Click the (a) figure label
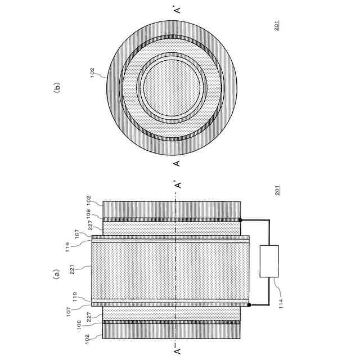tap(56, 274)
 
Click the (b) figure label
tap(56, 87)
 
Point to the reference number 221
tap(72, 269)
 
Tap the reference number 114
tap(281, 304)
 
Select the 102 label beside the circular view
tap(92, 73)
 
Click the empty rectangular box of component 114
tap(269, 261)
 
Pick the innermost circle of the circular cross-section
tap(172, 88)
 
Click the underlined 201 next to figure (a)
tap(277, 190)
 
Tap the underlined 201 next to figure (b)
tap(277, 25)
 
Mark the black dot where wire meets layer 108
tap(240, 220)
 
